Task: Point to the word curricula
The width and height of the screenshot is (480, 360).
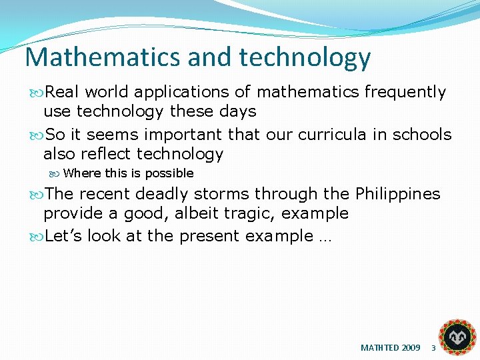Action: [x=332, y=135]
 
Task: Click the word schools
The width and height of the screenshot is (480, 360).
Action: [x=421, y=135]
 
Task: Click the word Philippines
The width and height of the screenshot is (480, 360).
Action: [x=397, y=194]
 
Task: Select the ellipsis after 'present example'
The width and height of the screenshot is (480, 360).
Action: [x=324, y=237]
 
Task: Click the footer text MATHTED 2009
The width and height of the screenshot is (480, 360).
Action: [x=390, y=348]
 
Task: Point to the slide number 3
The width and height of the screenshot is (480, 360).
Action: [x=433, y=348]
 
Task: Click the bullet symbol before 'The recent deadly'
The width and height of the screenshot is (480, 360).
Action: [x=37, y=195]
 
